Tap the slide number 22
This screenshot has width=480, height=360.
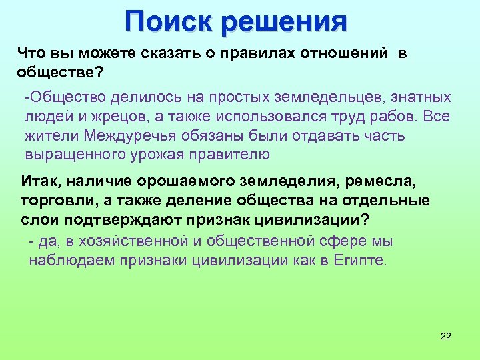point(446,336)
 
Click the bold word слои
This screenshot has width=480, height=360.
point(36,220)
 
